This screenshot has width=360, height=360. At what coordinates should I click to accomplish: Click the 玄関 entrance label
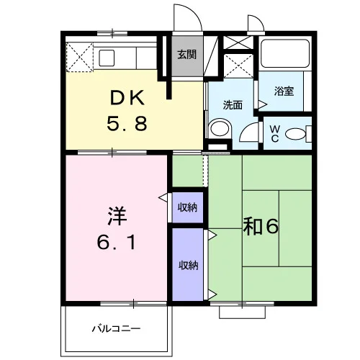[x=186, y=55]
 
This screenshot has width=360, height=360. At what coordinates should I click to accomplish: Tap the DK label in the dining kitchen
[x=127, y=98]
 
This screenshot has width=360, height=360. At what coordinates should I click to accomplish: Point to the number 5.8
[x=127, y=123]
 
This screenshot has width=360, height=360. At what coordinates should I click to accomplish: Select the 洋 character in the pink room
[x=117, y=216]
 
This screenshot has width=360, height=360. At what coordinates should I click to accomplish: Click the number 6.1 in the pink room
[x=117, y=242]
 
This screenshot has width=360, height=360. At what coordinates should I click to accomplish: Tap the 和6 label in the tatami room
[x=261, y=226]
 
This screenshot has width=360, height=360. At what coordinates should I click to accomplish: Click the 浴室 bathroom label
[x=284, y=91]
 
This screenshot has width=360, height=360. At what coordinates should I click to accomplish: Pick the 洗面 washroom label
[x=233, y=105]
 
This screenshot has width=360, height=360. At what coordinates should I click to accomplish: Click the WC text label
[x=274, y=134]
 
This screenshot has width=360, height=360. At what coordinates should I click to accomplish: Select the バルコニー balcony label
[x=116, y=328]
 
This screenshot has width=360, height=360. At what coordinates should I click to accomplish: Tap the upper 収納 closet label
[x=187, y=207]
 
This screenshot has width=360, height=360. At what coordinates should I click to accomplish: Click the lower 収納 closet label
[x=189, y=265]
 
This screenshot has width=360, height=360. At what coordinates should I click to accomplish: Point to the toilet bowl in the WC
[x=296, y=134]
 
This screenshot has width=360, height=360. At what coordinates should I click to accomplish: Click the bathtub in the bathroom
[x=285, y=53]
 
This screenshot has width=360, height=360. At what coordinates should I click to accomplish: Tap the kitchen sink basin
[x=107, y=58]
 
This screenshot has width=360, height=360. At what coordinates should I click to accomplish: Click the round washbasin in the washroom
[x=220, y=128]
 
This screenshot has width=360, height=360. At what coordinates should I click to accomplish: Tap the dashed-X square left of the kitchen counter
[x=80, y=58]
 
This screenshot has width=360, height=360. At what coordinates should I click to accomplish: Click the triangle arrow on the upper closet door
[x=163, y=198]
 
